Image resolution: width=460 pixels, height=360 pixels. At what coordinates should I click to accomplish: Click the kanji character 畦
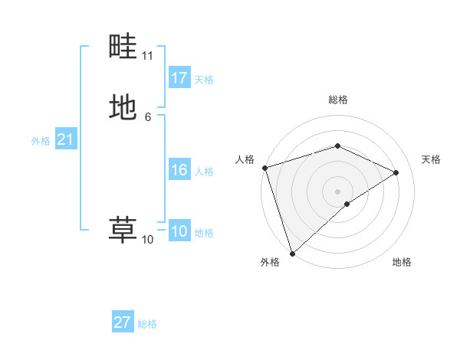pyautogui.click(x=123, y=47)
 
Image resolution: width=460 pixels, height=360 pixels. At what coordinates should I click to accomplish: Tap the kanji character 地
pyautogui.click(x=123, y=106)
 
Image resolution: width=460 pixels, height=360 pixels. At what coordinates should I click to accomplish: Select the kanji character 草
pyautogui.click(x=123, y=229)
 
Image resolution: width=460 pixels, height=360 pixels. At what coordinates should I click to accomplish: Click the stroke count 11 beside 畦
pyautogui.click(x=148, y=56)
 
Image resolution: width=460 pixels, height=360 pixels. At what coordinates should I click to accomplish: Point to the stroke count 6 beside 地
pyautogui.click(x=147, y=116)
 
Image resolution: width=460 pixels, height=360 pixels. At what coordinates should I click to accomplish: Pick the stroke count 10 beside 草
pyautogui.click(x=147, y=240)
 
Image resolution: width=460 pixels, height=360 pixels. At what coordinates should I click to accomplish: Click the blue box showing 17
pyautogui.click(x=179, y=78)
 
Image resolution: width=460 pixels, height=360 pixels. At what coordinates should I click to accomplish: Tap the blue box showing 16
pyautogui.click(x=179, y=170)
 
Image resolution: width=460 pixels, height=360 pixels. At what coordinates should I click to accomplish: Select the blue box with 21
pyautogui.click(x=65, y=140)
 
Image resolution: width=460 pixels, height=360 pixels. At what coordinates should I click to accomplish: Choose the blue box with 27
pyautogui.click(x=123, y=322)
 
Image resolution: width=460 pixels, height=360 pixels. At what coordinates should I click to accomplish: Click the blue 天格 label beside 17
pyautogui.click(x=204, y=80)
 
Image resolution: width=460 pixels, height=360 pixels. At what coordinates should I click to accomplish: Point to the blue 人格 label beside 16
pyautogui.click(x=204, y=172)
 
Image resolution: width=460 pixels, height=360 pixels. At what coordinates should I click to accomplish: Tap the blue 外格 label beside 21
pyautogui.click(x=41, y=141)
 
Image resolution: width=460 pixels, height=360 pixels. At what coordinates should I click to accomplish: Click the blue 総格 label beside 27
pyautogui.click(x=147, y=324)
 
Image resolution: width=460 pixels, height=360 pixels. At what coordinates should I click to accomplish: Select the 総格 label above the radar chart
pyautogui.click(x=338, y=100)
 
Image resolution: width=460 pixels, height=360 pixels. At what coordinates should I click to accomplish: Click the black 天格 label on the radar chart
pyautogui.click(x=432, y=159)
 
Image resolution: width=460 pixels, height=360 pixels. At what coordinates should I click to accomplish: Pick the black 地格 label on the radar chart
pyautogui.click(x=402, y=262)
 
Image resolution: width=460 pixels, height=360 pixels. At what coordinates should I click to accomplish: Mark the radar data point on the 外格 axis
pyautogui.click(x=291, y=253)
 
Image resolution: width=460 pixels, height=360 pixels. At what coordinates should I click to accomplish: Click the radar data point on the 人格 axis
pyautogui.click(x=264, y=168)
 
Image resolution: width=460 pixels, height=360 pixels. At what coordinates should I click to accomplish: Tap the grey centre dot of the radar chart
pyautogui.click(x=337, y=191)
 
